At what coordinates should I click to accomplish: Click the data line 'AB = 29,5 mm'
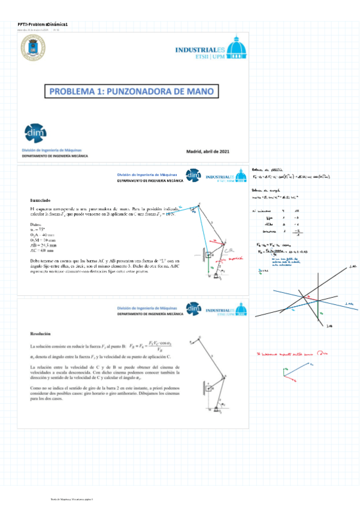pos(44,244)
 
